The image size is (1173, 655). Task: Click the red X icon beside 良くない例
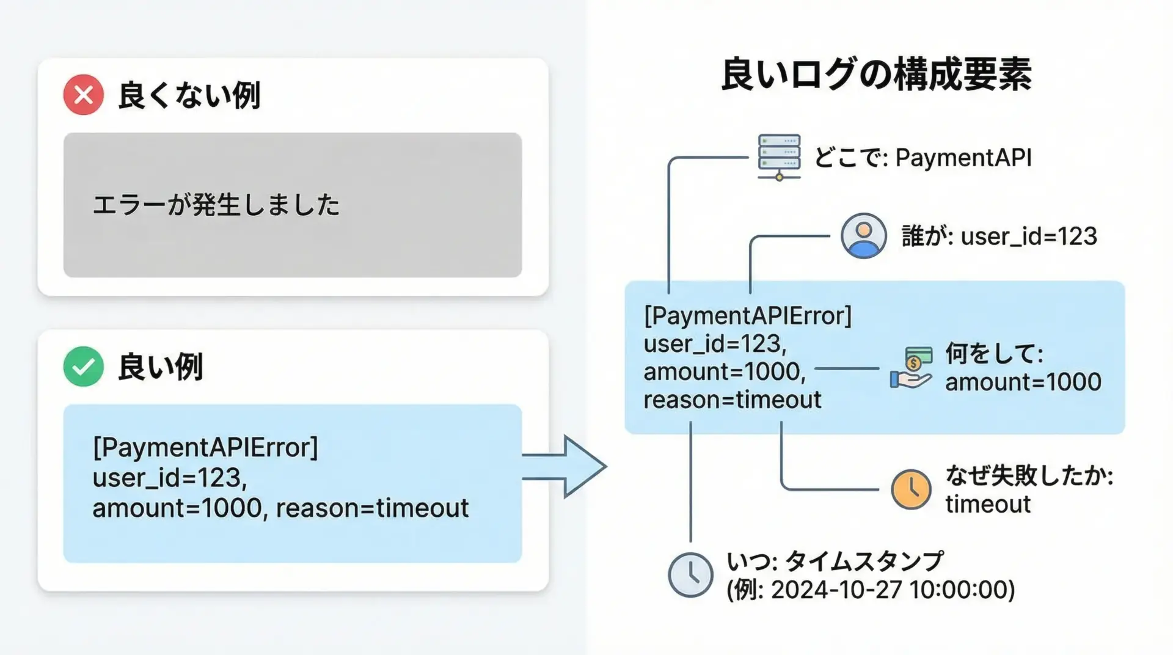click(x=84, y=95)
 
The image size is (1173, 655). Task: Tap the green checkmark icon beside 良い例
click(x=84, y=367)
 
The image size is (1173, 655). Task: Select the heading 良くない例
click(x=189, y=96)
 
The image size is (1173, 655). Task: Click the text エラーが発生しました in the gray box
click(x=216, y=205)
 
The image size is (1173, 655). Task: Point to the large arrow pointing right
click(x=565, y=467)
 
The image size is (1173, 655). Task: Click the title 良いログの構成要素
click(x=877, y=75)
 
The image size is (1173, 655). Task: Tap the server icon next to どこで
click(x=779, y=157)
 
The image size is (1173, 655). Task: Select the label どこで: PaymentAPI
click(x=923, y=158)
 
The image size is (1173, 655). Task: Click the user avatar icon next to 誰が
click(x=863, y=236)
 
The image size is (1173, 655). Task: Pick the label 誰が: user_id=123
click(x=999, y=236)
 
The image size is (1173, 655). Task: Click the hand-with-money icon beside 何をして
click(x=912, y=368)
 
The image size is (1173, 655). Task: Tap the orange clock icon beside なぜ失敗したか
click(x=911, y=489)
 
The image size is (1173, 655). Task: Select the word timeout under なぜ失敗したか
click(x=988, y=505)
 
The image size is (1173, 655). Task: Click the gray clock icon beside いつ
click(x=690, y=575)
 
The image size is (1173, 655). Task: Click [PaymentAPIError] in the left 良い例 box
click(x=205, y=448)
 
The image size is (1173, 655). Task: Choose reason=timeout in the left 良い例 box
click(x=372, y=508)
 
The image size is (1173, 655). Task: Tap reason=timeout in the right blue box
click(x=732, y=400)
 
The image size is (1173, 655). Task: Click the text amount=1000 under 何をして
click(x=1023, y=382)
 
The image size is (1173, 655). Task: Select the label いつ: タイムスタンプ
click(x=835, y=561)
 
